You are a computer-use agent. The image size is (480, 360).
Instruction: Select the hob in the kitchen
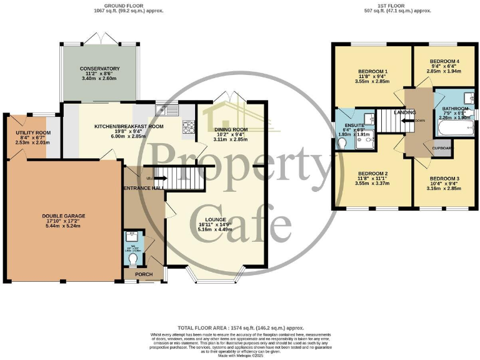click(187, 127)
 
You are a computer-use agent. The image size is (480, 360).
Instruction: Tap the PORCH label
click(135, 274)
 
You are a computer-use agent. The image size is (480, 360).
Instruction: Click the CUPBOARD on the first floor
click(442, 148)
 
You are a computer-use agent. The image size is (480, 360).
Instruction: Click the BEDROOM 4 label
click(443, 62)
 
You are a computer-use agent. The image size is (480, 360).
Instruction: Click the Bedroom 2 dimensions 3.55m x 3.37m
click(372, 184)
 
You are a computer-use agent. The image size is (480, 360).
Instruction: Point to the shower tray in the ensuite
click(365, 142)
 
